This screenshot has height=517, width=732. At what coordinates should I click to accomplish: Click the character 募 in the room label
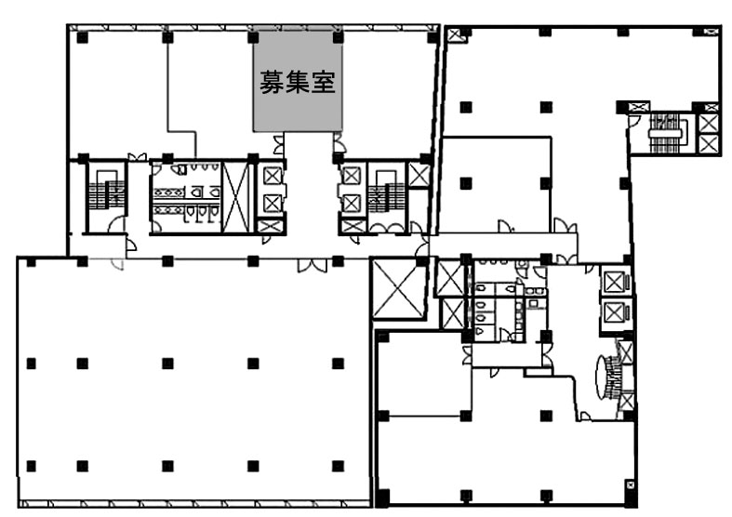272,82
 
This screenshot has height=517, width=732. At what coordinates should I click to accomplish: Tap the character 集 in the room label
298,82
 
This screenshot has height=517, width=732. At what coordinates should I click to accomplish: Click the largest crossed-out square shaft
398,289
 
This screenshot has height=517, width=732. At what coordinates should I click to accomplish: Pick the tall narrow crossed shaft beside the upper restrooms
235,196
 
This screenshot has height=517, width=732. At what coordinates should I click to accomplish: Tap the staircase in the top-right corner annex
666,133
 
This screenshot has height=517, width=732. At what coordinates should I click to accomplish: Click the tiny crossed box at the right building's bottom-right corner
630,484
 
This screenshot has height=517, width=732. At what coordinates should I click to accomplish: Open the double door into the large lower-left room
313,265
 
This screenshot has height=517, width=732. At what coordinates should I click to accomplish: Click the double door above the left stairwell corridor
138,157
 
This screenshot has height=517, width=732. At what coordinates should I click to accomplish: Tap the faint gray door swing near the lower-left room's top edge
117,264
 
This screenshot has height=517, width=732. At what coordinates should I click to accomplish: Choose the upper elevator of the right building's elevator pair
616,282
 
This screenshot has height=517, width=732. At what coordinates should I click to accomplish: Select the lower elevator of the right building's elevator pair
616,313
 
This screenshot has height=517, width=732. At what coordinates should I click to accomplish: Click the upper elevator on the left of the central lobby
273,176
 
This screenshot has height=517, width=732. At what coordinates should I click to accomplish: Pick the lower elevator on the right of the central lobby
351,204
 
